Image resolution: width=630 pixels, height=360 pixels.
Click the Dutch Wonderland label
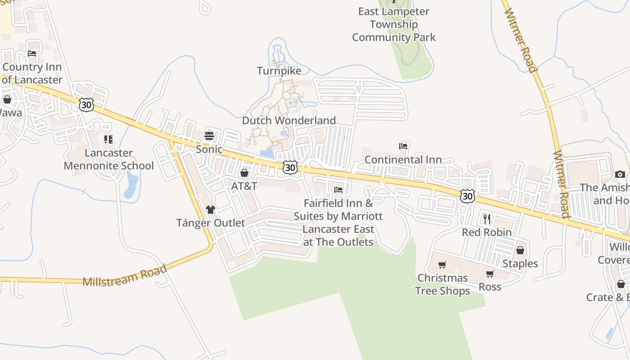point(289,121)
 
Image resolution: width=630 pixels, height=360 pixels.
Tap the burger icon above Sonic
point(209,135)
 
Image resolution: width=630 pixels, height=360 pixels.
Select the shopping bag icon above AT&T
point(244,172)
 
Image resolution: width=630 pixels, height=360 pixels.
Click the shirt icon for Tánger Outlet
point(210,209)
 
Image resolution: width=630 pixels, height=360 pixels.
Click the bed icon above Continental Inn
point(403,146)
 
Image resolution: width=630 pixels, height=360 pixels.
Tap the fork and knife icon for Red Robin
point(486,219)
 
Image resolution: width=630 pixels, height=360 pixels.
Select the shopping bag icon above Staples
point(520,250)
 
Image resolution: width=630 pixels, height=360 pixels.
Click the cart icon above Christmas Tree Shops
point(442,265)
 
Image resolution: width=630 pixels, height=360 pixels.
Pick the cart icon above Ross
point(490,274)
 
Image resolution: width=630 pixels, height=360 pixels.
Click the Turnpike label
point(279,71)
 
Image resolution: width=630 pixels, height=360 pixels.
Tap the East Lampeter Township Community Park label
point(394,24)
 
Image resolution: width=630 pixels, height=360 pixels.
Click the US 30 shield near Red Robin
point(468,196)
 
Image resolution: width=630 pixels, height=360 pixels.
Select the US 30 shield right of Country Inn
point(86,105)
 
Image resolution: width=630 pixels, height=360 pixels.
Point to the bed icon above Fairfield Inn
point(338,190)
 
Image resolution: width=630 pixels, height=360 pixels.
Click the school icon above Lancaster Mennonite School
point(108,139)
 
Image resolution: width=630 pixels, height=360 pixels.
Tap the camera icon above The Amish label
point(620,174)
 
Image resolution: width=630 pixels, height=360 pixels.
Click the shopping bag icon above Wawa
point(7,99)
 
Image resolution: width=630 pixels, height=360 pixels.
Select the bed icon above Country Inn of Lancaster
point(32,54)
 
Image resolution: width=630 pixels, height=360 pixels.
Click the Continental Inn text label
point(403,160)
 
